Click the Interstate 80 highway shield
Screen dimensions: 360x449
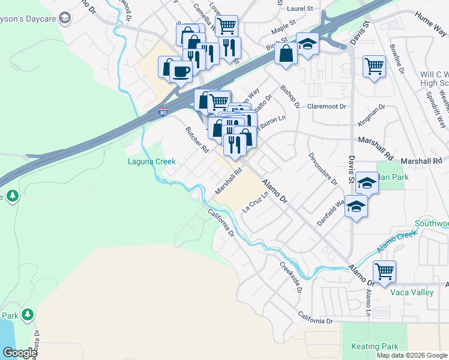tap(163, 112)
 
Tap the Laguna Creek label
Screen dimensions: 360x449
tap(151, 161)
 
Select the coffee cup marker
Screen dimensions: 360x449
tap(181, 71)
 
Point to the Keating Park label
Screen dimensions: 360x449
tap(375, 346)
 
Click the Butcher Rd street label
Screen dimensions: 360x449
tap(196, 139)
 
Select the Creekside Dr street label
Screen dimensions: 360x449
tap(290, 277)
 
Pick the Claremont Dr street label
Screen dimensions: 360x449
tap(327, 106)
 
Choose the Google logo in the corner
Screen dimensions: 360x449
tap(19, 353)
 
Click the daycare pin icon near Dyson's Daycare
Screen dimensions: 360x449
tap(64, 19)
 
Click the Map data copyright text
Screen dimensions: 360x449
tap(412, 355)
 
